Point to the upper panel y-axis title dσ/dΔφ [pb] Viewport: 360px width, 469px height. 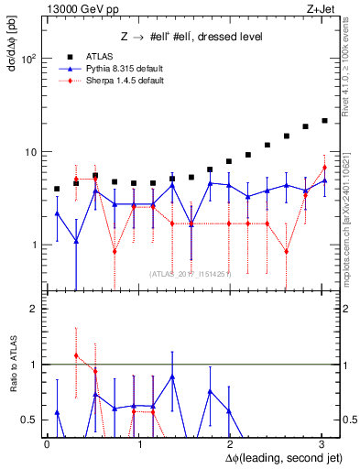(x=14, y=46)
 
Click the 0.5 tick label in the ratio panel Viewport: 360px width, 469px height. (x=29, y=420)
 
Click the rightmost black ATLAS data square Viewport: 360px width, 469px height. (x=324, y=120)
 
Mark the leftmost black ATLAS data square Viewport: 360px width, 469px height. (x=57, y=189)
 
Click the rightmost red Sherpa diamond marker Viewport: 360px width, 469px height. (x=324, y=168)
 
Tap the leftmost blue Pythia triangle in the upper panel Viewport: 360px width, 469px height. (x=57, y=213)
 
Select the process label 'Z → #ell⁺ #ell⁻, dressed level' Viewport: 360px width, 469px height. (x=192, y=37)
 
